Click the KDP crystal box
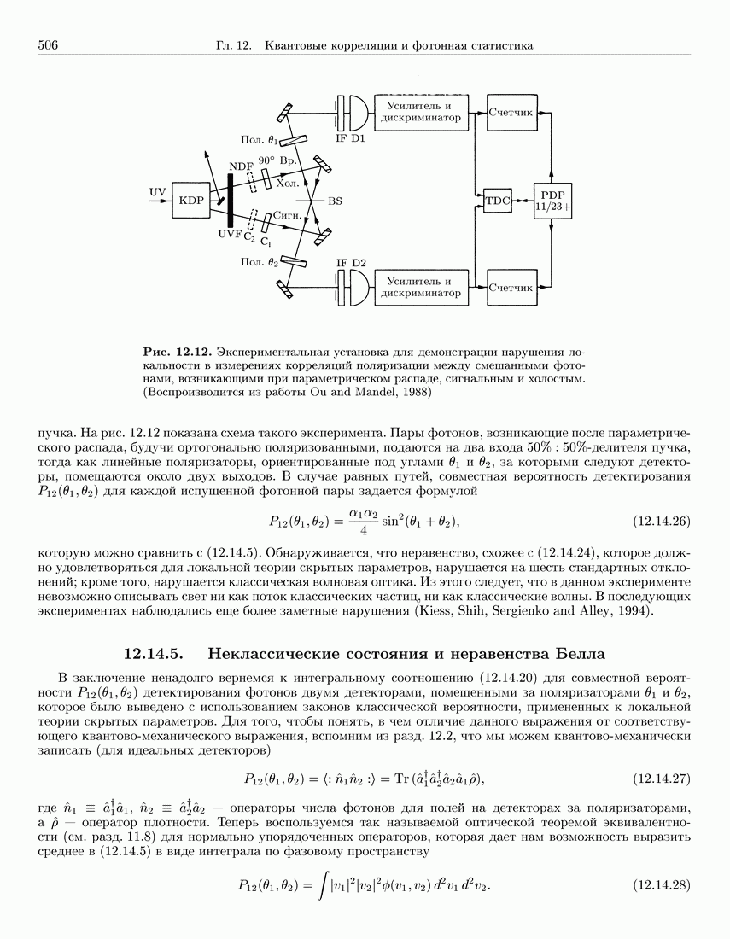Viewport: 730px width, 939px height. pos(192,200)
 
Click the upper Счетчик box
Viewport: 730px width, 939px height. pos(511,112)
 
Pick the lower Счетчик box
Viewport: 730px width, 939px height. pos(511,287)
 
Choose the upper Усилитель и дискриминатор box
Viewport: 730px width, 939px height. pos(423,112)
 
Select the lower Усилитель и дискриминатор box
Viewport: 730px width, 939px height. pos(423,287)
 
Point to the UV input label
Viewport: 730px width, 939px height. pos(157,191)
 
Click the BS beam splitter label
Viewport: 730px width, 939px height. pos(336,201)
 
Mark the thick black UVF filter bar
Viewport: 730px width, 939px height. pos(230,200)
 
